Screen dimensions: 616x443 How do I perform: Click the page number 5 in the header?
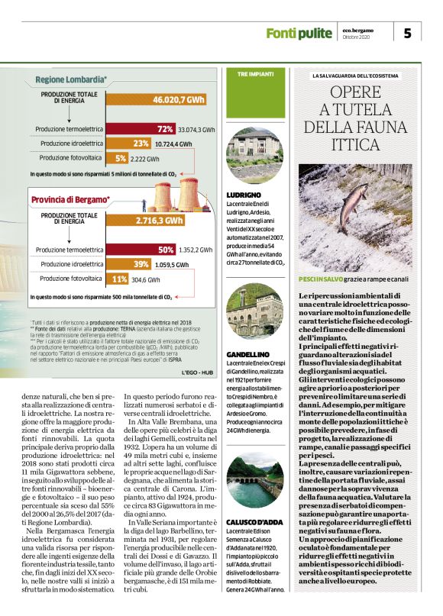407,33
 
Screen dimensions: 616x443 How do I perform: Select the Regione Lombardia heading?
71,79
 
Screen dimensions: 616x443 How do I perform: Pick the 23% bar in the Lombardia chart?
141,144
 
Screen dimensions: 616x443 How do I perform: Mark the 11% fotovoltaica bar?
118,279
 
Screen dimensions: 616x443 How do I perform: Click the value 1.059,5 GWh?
172,265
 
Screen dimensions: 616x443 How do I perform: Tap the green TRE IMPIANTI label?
244,73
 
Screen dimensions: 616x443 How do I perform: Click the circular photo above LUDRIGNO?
254,157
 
